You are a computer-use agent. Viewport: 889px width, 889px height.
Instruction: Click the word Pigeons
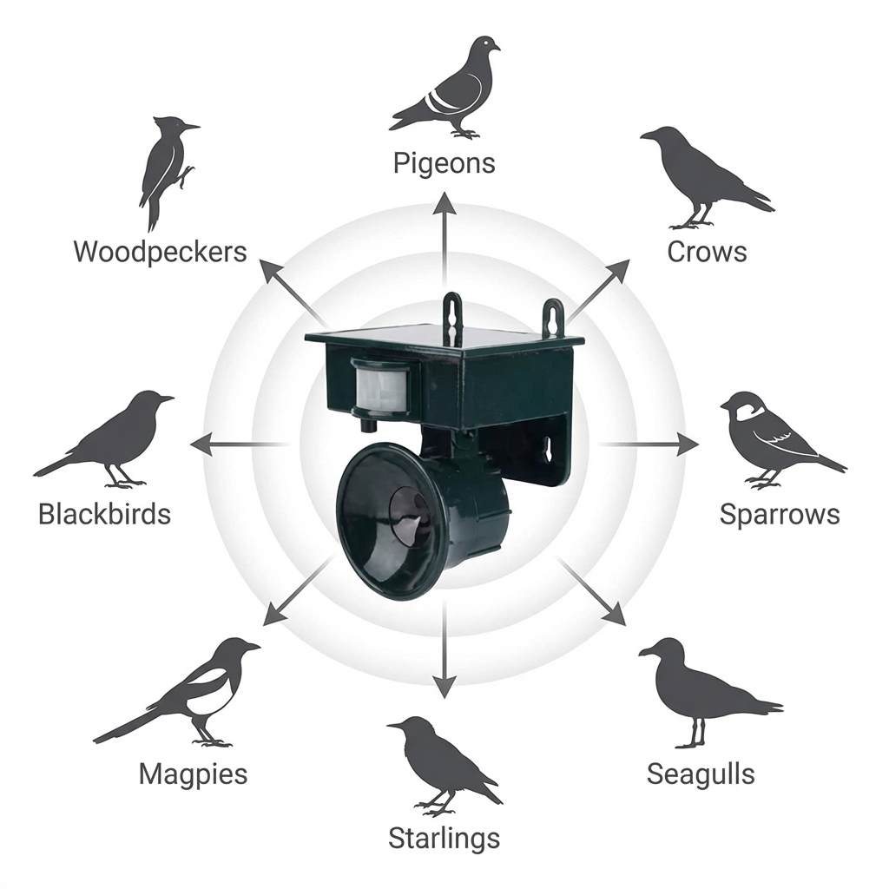coord(444,162)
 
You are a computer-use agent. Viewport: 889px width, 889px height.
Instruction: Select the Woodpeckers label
coord(161,252)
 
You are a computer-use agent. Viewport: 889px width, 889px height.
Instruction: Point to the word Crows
coord(707,252)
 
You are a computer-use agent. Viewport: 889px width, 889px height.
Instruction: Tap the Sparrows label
coord(780,514)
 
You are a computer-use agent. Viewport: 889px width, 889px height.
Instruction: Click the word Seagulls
coord(701,774)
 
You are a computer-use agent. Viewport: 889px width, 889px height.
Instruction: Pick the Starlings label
coord(444,839)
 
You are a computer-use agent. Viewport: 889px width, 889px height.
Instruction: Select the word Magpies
coord(193,774)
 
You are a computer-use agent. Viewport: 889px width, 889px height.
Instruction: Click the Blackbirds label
coord(104,514)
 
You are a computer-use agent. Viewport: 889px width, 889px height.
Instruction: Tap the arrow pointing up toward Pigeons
coord(444,234)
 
